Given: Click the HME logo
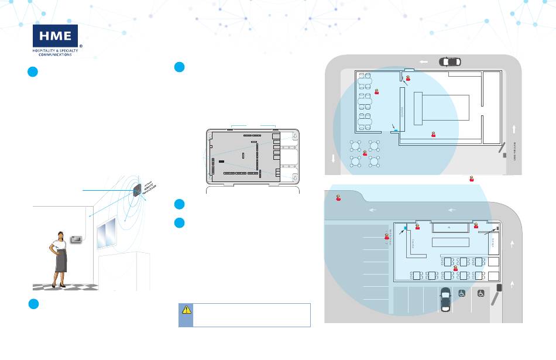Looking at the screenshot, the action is tap(56, 36).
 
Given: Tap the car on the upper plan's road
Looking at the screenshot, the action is tap(450, 61).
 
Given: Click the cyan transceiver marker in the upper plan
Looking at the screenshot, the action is tap(396, 129).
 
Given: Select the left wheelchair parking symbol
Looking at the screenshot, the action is tap(462, 294).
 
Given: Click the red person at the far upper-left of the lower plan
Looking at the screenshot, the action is tap(339, 198).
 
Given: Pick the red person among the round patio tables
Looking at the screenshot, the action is tap(365, 153).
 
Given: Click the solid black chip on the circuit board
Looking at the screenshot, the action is tap(221, 160).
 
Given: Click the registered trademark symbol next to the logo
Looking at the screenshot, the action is tap(80, 44).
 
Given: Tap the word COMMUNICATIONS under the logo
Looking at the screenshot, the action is tap(55, 56).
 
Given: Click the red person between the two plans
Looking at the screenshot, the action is tap(471, 178).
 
